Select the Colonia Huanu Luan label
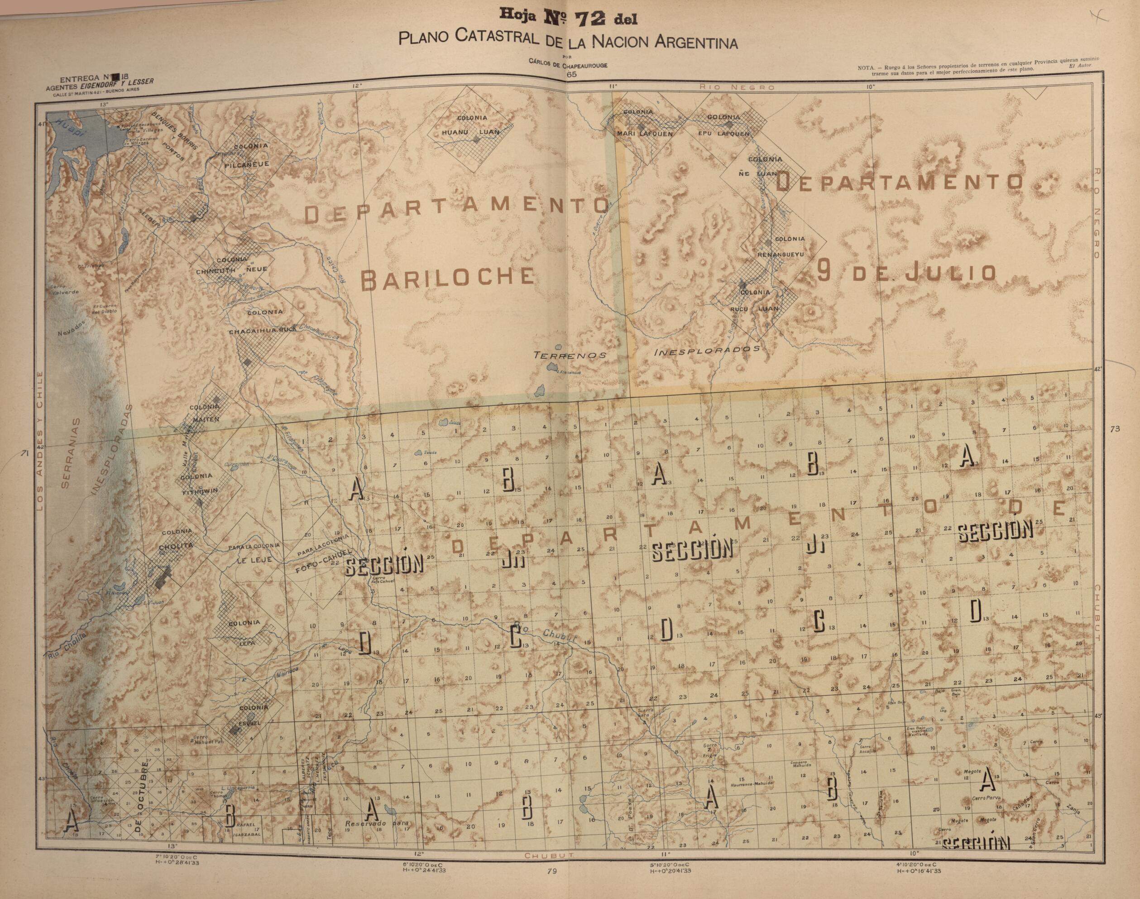471,125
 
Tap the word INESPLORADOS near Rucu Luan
707,350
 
